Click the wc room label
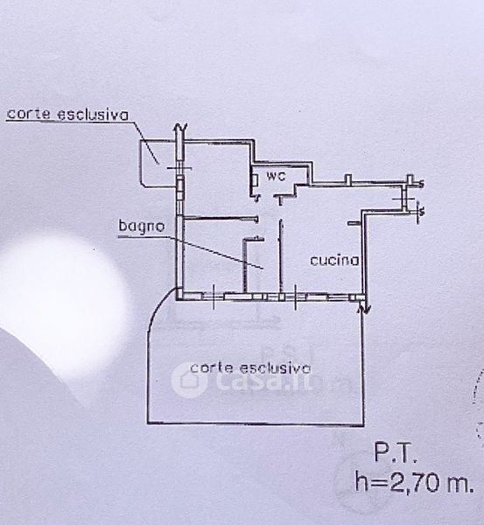pyautogui.click(x=276, y=176)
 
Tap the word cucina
pyautogui.click(x=334, y=260)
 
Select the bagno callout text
pyautogui.click(x=142, y=226)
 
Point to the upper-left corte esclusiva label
pyautogui.click(x=67, y=115)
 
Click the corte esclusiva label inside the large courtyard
pyautogui.click(x=250, y=368)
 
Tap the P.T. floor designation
pyautogui.click(x=396, y=452)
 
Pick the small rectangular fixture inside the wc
pyautogui.click(x=256, y=180)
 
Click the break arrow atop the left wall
pyautogui.click(x=179, y=129)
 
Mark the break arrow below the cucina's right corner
pyautogui.click(x=364, y=307)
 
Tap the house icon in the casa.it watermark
pyautogui.click(x=189, y=381)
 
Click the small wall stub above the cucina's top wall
pyautogui.click(x=348, y=178)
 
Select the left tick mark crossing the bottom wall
pyautogui.click(x=214, y=297)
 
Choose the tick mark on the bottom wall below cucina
pyautogui.click(x=295, y=297)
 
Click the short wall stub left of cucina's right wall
pyautogui.click(x=354, y=222)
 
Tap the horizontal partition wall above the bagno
pyautogui.click(x=221, y=219)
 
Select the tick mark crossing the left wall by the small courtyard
pyautogui.click(x=179, y=168)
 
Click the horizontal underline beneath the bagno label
pyautogui.click(x=145, y=237)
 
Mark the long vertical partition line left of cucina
pyautogui.click(x=280, y=255)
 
